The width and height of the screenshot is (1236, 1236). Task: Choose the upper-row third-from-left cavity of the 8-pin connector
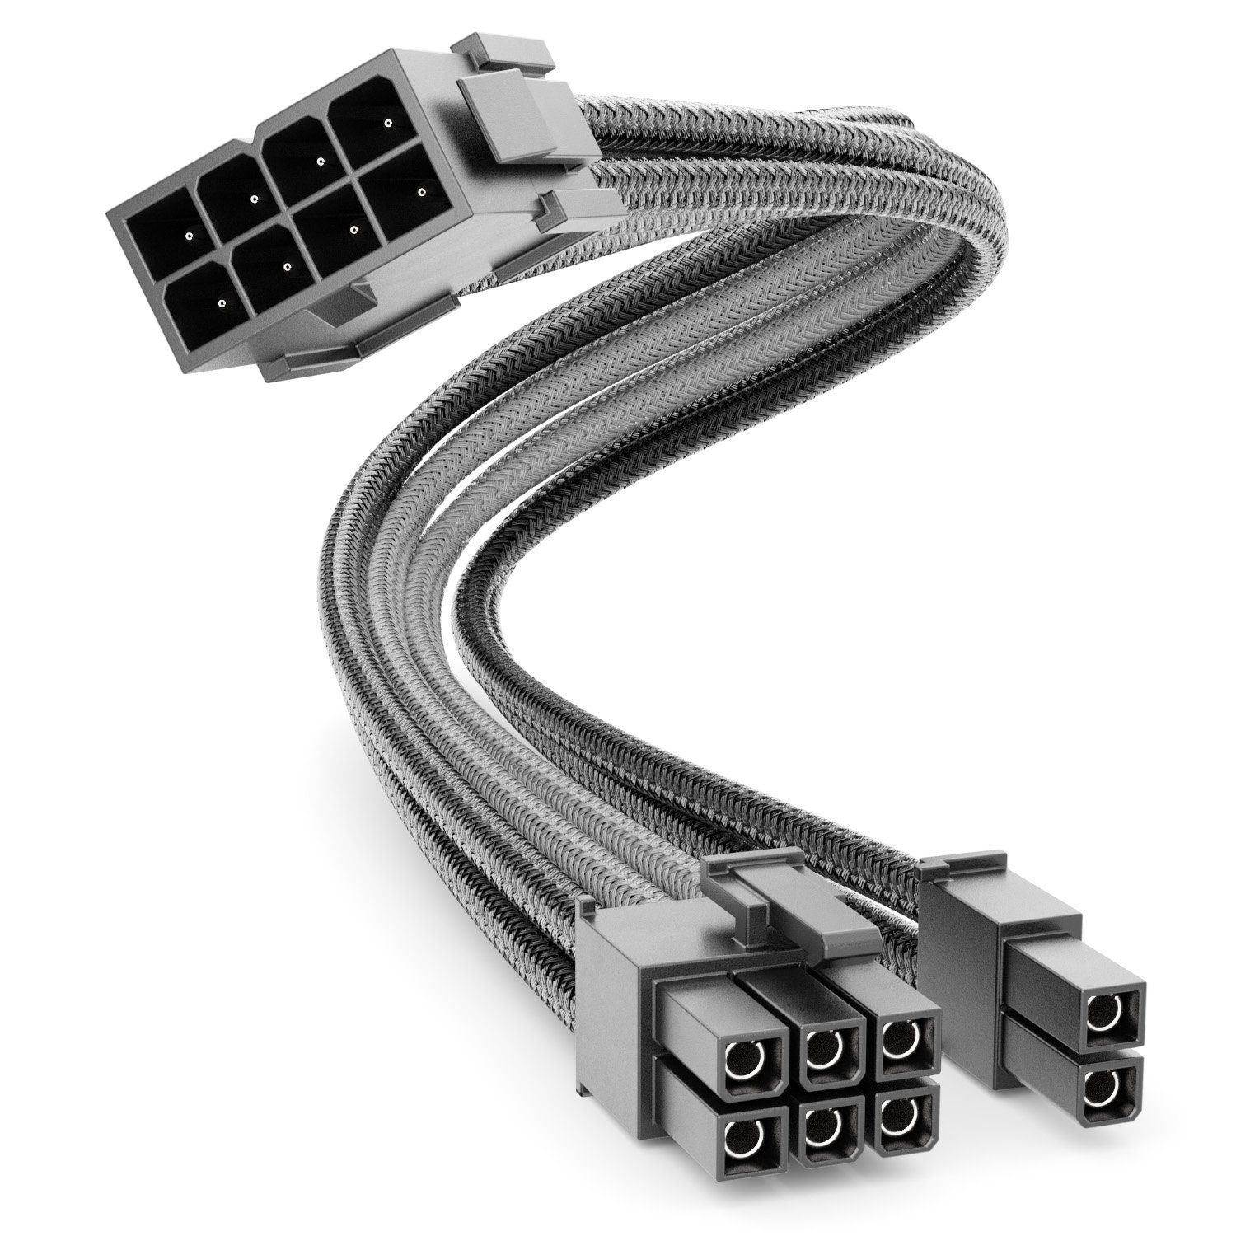click(x=309, y=158)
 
